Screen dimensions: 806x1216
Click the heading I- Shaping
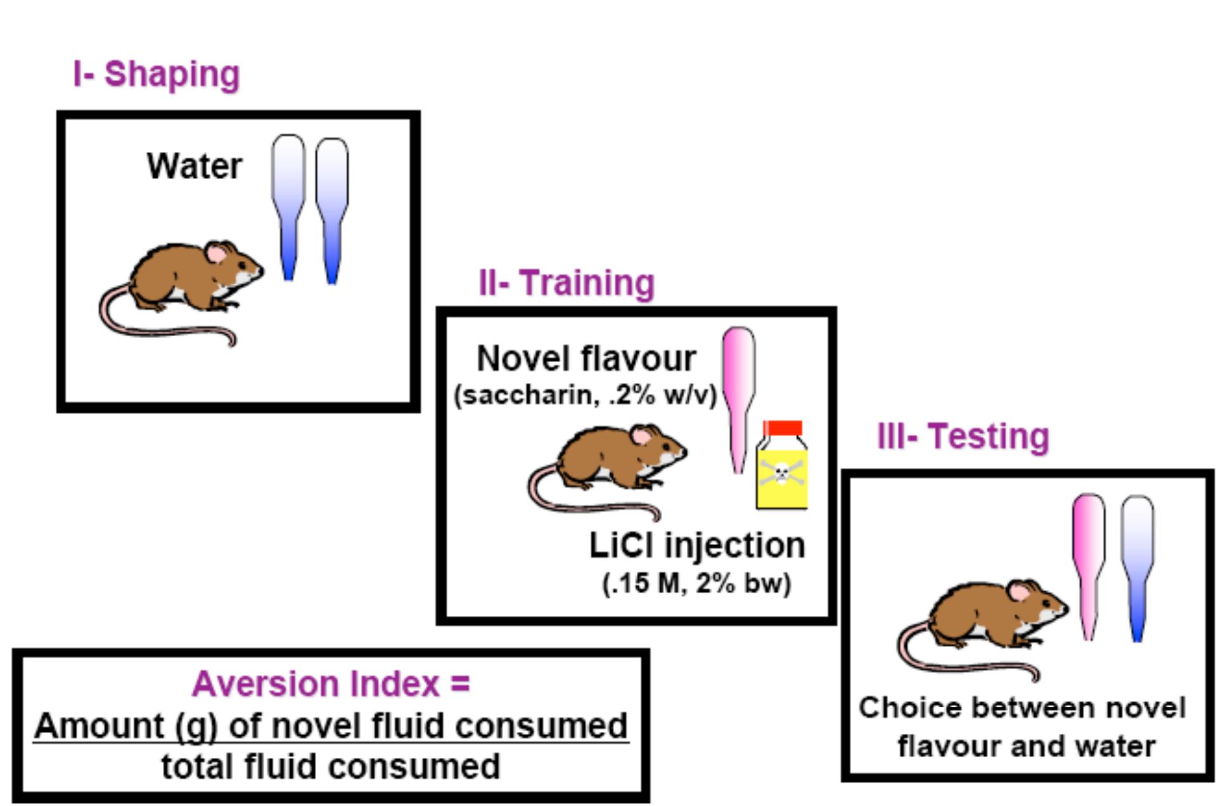pyautogui.click(x=157, y=75)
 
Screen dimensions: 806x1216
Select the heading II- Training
pyautogui.click(x=566, y=283)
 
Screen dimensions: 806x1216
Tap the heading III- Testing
pyautogui.click(x=963, y=437)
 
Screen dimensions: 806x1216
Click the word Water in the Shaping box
pyautogui.click(x=195, y=167)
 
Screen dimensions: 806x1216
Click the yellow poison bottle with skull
pyautogui.click(x=782, y=472)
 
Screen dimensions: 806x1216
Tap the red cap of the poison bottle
pyautogui.click(x=783, y=429)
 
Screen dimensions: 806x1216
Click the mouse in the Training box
pyautogui.click(x=608, y=469)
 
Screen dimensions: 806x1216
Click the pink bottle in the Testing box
pyautogui.click(x=1088, y=564)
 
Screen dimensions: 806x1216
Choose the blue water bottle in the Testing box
pyautogui.click(x=1137, y=567)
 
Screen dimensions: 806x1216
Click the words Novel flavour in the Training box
pyautogui.click(x=586, y=359)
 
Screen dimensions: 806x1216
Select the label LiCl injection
pyautogui.click(x=697, y=545)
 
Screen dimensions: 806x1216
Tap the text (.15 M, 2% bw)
pyautogui.click(x=696, y=583)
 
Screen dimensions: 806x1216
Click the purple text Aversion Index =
pyautogui.click(x=331, y=684)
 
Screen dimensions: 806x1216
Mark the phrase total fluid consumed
pyautogui.click(x=331, y=767)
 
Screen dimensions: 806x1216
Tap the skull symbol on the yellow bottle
pyautogui.click(x=782, y=472)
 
